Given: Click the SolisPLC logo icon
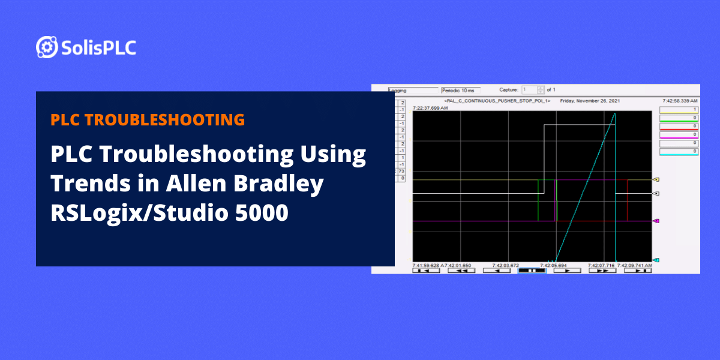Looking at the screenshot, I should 47,47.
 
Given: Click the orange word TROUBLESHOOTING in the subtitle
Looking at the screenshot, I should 166,119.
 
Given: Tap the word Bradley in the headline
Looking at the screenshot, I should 278,184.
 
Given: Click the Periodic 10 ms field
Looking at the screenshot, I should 460,90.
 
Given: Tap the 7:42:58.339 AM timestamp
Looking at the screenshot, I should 679,101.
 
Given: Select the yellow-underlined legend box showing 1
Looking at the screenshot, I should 679,110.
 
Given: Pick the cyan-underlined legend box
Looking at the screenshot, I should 679,152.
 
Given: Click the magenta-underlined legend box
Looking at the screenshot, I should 679,135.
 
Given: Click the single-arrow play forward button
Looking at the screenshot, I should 568,271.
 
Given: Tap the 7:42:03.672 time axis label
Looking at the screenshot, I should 505,265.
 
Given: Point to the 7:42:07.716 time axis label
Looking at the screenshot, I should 602,265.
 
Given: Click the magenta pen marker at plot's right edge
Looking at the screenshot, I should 656,221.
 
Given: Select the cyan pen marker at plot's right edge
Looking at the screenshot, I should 656,260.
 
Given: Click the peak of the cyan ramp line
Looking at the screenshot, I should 614,113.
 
